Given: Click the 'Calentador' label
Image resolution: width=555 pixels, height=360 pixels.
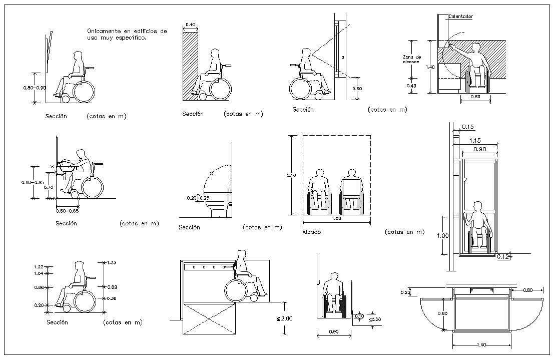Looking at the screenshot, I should point(460,17).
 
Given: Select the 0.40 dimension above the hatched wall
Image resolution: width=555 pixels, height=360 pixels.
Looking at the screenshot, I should point(190,25).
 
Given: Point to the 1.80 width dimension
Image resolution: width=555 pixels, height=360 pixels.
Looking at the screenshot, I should point(337,219).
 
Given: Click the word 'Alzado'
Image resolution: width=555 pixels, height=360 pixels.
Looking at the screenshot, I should point(311,232).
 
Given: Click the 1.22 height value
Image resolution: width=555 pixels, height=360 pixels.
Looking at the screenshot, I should point(39,267).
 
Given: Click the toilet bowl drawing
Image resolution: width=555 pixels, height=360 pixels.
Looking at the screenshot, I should point(219,208).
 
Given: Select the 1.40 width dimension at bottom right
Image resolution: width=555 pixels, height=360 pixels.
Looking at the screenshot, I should point(481,345).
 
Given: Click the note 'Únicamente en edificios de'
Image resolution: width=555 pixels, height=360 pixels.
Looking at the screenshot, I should point(127,31).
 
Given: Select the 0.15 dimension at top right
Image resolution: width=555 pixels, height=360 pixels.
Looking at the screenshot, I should point(468,127).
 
